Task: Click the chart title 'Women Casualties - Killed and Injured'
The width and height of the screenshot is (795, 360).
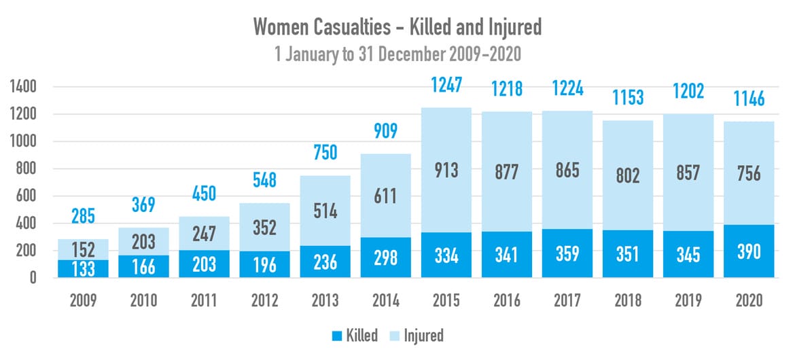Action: (397, 27)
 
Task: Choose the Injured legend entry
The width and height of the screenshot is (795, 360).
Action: (415, 335)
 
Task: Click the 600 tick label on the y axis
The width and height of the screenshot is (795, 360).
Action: (25, 196)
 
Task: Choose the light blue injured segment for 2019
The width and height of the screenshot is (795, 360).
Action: (688, 204)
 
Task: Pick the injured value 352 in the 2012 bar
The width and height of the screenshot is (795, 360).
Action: (264, 228)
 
